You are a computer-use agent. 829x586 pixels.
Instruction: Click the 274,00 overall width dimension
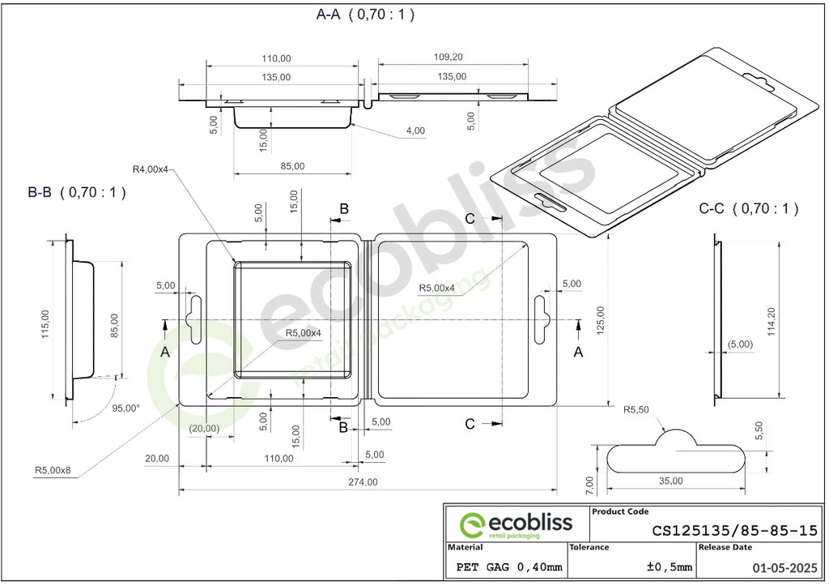pos(363,481)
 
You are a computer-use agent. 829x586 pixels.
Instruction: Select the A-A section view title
pos(365,15)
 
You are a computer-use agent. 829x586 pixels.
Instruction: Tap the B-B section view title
pos(77,192)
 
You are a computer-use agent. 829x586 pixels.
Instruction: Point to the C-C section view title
pos(748,208)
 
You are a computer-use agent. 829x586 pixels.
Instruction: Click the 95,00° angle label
pos(125,408)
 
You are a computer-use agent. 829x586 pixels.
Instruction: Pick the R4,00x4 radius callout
pos(150,169)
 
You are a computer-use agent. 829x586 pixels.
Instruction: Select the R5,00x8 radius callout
pos(53,469)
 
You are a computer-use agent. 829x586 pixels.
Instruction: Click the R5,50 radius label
pos(636,409)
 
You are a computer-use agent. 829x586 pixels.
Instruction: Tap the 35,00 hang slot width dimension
pos(671,481)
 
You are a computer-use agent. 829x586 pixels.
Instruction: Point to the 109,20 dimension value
pos(448,57)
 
